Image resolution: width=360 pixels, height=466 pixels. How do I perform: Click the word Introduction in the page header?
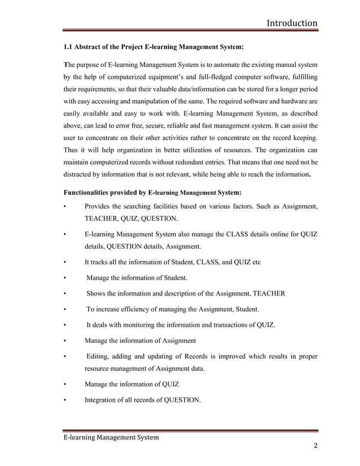(292, 23)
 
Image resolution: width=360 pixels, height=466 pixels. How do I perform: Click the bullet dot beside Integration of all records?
(65, 401)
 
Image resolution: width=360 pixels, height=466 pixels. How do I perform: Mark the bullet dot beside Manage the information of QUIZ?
(65, 385)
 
